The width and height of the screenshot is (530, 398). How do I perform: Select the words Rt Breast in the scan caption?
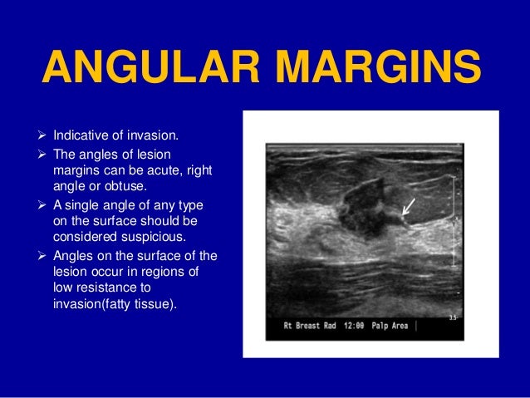tap(298, 326)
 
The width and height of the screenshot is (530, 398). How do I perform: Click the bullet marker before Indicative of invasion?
tap(43, 135)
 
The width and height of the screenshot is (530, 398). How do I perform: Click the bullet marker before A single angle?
tap(43, 205)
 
